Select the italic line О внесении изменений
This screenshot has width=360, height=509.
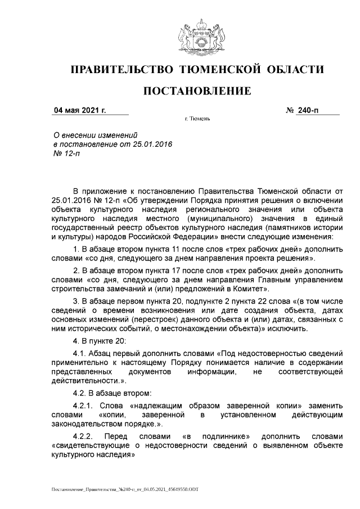(95, 136)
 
